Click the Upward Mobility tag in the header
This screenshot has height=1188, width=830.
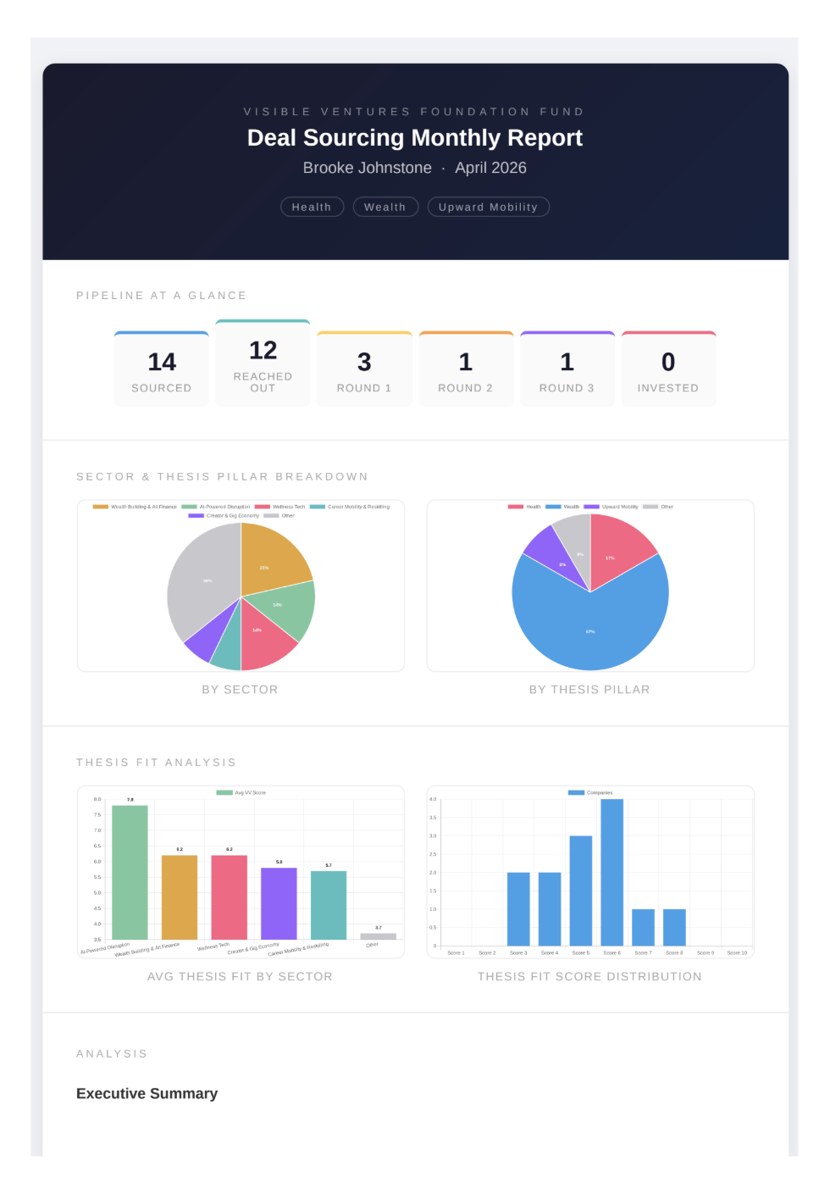[488, 207]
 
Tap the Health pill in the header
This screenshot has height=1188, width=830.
[312, 207]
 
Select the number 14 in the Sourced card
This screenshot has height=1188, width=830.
[162, 362]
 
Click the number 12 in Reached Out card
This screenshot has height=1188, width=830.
[263, 350]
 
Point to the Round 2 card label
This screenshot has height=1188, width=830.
[465, 388]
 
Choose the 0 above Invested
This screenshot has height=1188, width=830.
[668, 362]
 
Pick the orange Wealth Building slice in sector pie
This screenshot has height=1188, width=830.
[269, 559]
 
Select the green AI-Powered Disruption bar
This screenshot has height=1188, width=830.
[130, 873]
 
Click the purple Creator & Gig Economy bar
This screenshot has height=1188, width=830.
[279, 903]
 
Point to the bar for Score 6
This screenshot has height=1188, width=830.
[611, 873]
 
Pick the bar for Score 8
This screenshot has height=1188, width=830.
[674, 927]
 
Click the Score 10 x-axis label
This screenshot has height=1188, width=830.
[737, 952]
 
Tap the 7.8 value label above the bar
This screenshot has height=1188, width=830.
[130, 799]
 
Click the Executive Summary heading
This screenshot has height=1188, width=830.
[147, 1093]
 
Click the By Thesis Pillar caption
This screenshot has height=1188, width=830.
[589, 690]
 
